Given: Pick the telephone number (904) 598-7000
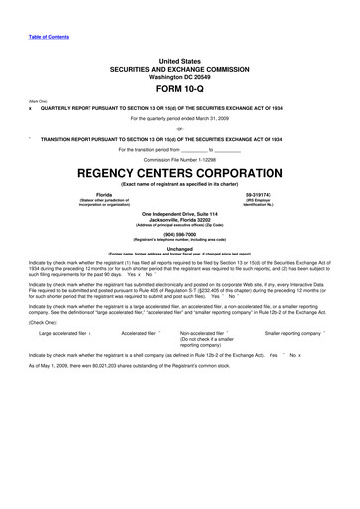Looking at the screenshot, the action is pyautogui.click(x=180, y=236).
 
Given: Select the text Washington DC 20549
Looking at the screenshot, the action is pyautogui.click(x=180, y=75).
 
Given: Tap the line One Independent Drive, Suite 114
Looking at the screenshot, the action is pyautogui.click(x=180, y=215).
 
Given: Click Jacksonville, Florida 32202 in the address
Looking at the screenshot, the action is pyautogui.click(x=180, y=221).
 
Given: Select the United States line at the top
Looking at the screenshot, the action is pyautogui.click(x=180, y=60).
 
